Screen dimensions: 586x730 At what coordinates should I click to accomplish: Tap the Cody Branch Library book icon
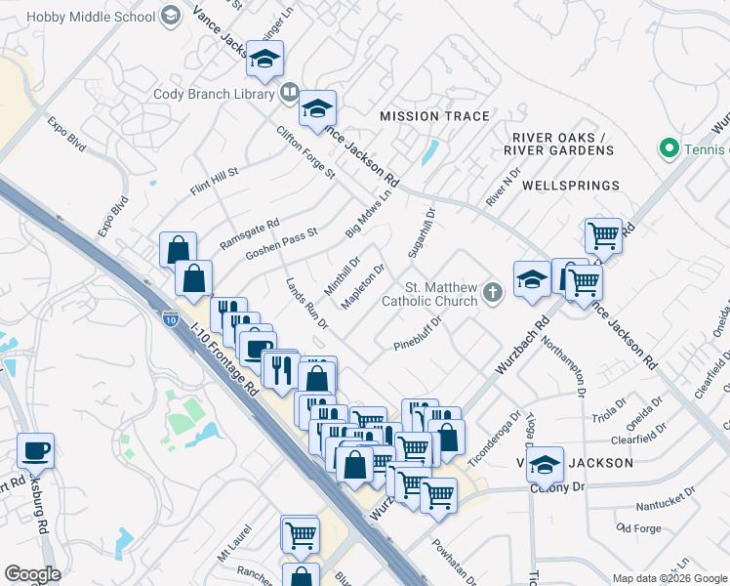(289, 94)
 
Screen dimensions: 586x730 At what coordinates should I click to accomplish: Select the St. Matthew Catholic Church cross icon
(494, 291)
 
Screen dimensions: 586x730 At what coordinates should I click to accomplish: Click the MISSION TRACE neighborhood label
(434, 116)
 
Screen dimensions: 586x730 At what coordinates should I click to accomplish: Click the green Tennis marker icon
(669, 148)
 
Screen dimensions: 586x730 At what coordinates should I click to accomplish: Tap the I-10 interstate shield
(170, 319)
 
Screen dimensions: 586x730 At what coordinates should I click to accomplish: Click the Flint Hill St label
(215, 180)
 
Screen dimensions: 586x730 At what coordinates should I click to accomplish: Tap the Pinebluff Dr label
(419, 337)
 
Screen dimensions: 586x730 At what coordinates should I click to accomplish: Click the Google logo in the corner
(32, 573)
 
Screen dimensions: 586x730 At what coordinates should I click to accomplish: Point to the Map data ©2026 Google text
(669, 578)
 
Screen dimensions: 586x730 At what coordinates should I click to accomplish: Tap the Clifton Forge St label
(305, 152)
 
